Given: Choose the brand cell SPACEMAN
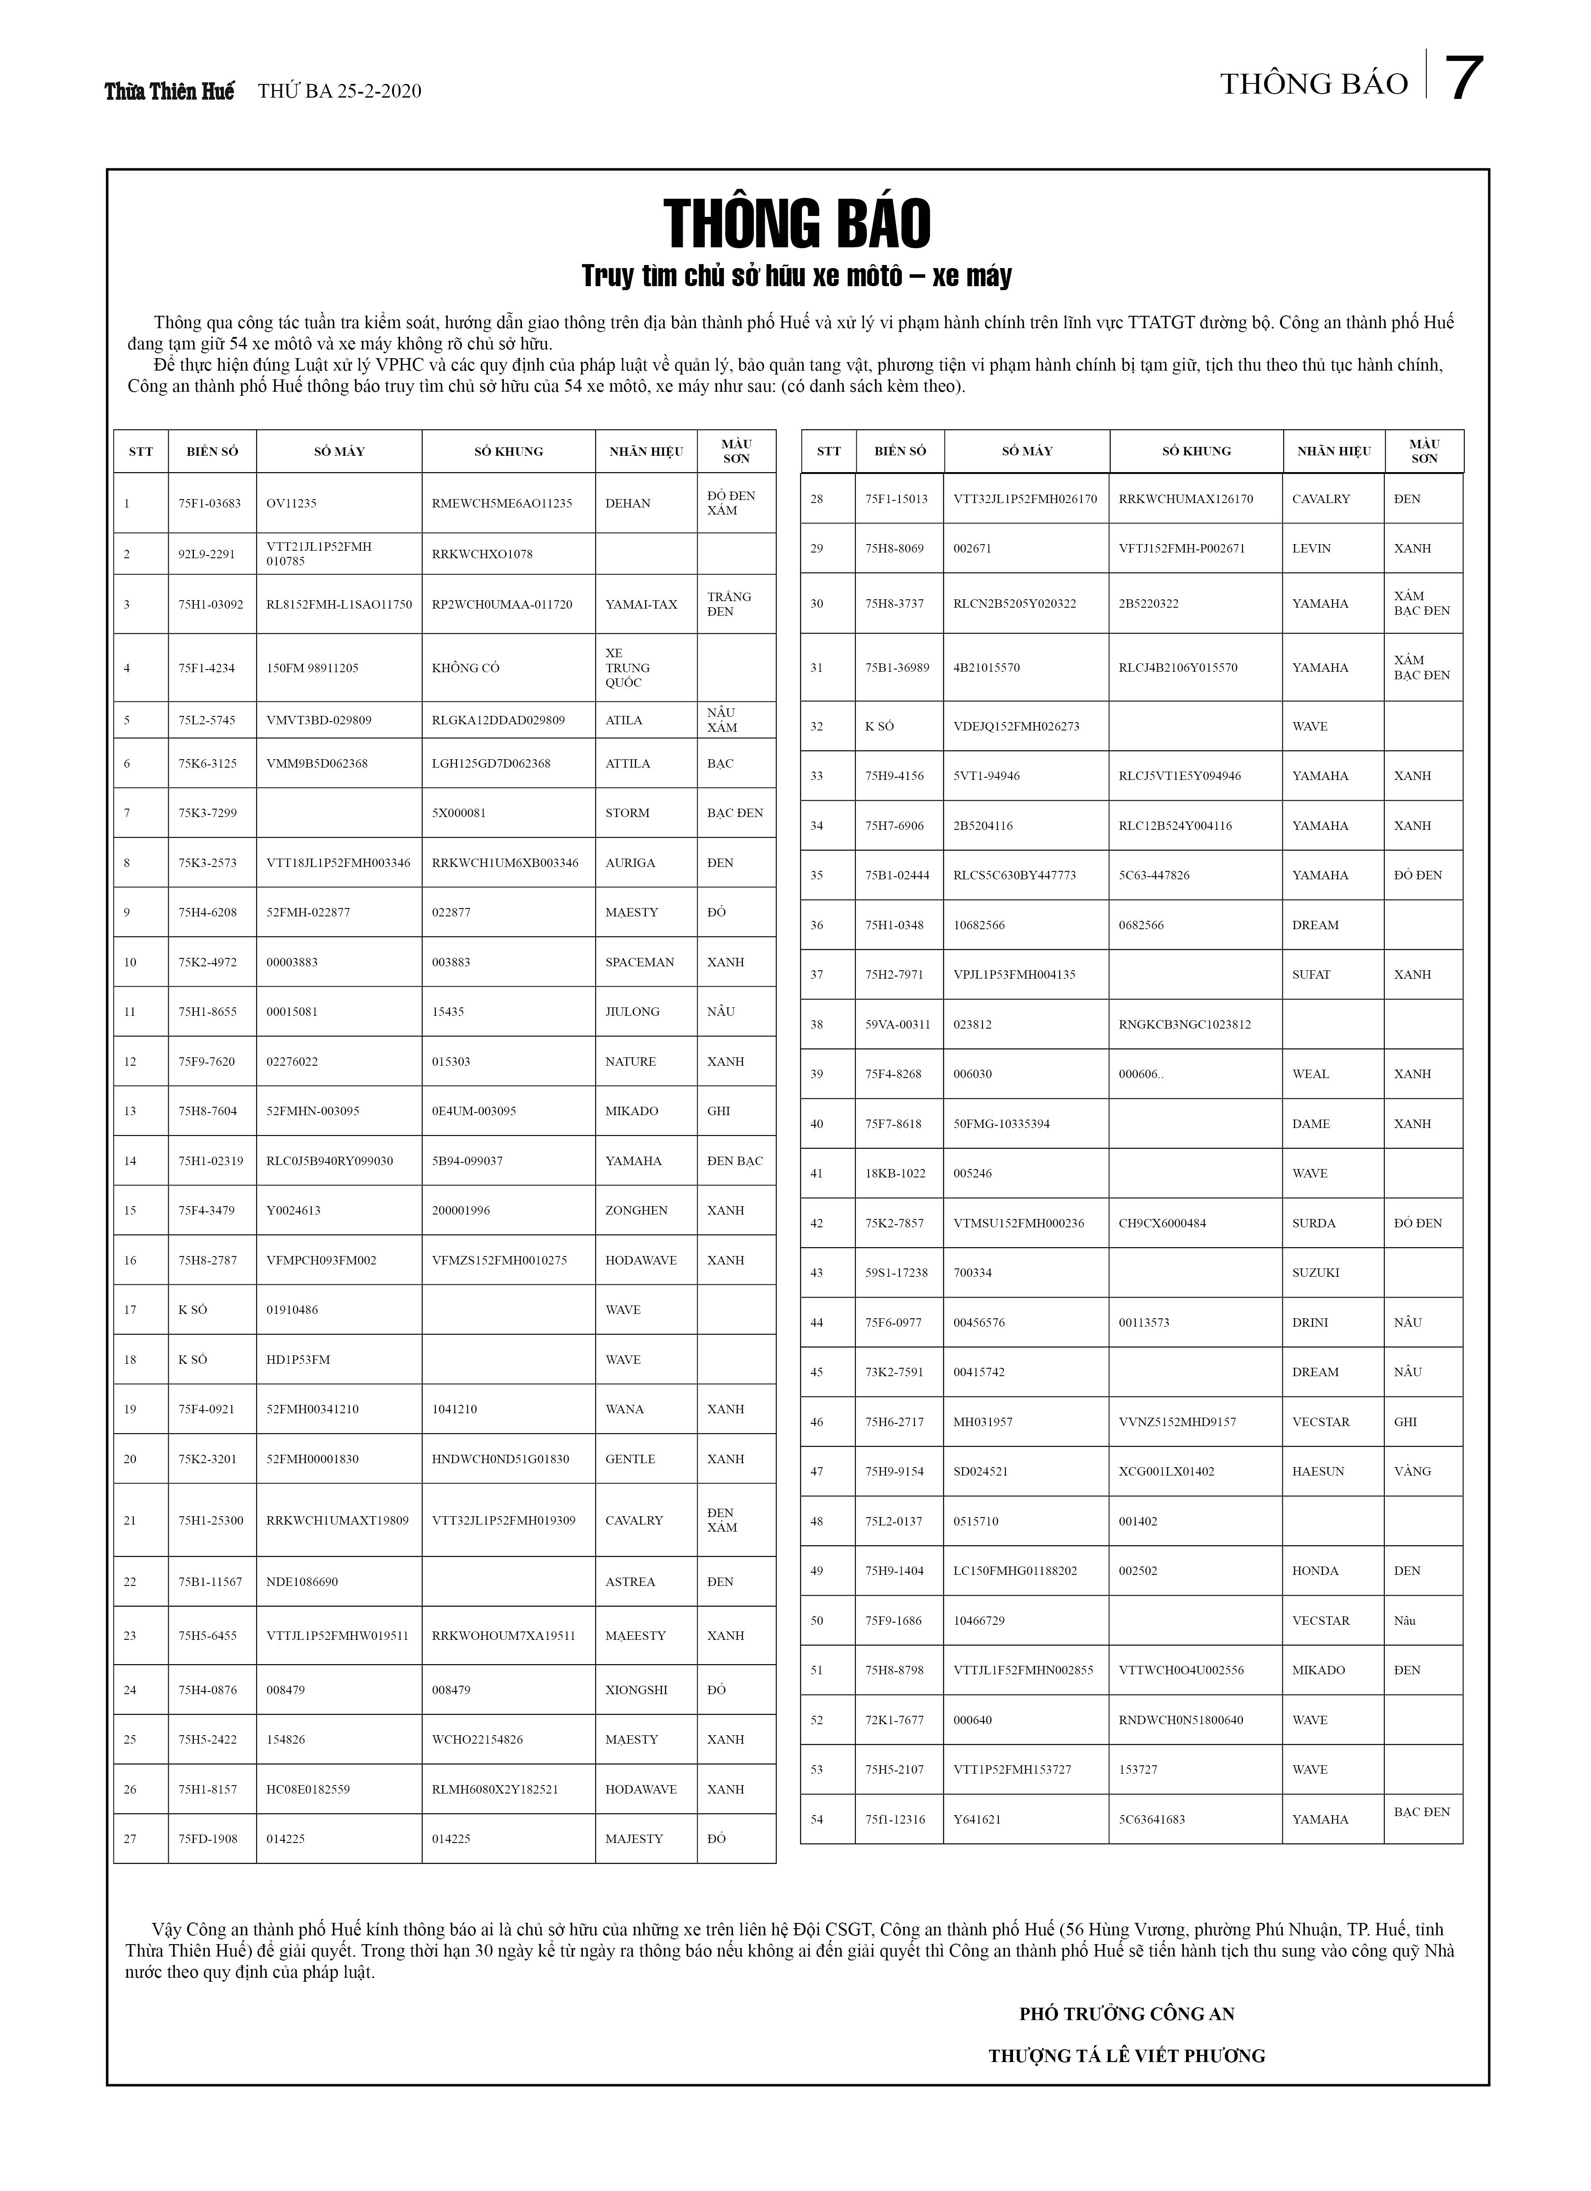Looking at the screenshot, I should pyautogui.click(x=639, y=962).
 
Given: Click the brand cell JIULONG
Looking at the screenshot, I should pyautogui.click(x=633, y=1011).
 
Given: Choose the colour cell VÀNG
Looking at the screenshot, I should pyautogui.click(x=1412, y=1471).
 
